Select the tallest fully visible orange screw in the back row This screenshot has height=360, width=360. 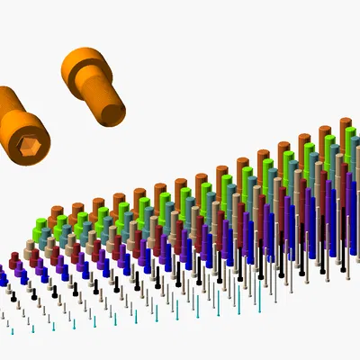[x=345, y=135]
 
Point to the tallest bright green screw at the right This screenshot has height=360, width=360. [x=330, y=148]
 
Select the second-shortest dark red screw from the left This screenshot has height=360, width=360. [x=34, y=257]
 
